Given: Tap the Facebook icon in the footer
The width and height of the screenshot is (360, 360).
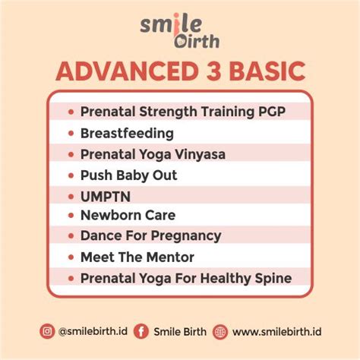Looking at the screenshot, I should coord(141,332).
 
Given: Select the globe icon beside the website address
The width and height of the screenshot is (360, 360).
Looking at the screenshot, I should coord(220,332).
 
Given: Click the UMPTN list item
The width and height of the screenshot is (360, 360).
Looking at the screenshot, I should coord(100,195).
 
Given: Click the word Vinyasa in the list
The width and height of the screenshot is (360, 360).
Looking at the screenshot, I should coord(198,154).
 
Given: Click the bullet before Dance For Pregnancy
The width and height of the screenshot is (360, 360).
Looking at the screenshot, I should coord(71,236).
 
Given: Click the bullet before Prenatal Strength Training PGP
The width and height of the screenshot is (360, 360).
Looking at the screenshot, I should coord(71,112).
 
